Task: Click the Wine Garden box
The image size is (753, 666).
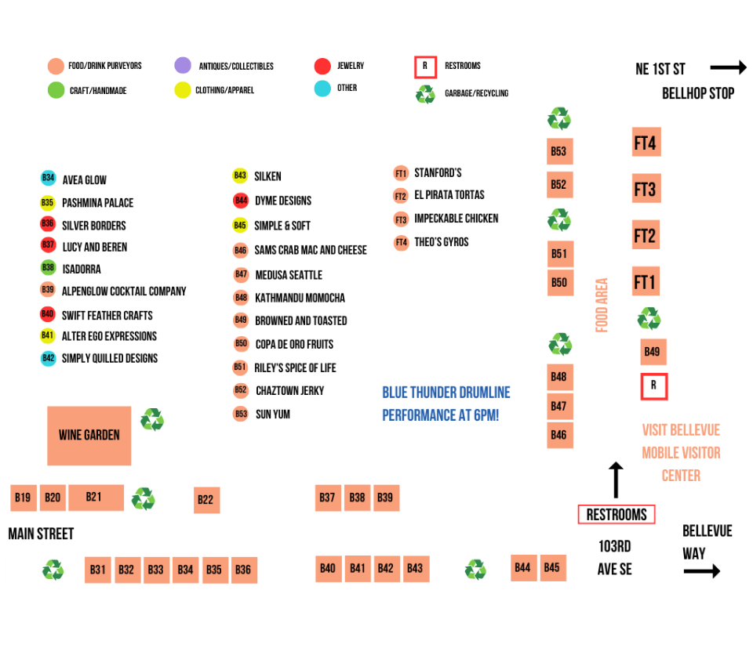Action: pos(89,435)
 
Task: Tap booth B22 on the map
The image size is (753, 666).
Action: pos(206,500)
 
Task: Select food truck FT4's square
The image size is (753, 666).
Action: pos(646,143)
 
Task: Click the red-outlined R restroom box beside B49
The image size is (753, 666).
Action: pos(653,386)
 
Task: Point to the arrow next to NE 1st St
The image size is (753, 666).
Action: pos(727,69)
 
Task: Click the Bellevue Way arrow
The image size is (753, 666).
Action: pos(701,572)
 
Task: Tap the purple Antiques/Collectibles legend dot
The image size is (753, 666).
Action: pos(183,66)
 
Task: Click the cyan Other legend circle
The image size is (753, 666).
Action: pos(322,88)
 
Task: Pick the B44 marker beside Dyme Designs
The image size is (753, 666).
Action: pos(241,201)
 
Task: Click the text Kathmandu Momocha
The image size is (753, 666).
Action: pos(300,298)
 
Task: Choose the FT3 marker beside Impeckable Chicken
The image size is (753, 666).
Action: pos(401,219)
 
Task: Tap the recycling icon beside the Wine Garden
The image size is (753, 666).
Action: pos(152,420)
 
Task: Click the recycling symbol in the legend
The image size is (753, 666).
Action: pos(425,94)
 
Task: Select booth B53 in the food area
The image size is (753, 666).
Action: pos(558,151)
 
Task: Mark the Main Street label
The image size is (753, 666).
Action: pos(41,534)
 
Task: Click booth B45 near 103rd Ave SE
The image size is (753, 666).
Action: pos(551,568)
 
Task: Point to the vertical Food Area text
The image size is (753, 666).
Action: pos(602,306)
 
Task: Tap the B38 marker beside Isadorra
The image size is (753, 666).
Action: pos(49,268)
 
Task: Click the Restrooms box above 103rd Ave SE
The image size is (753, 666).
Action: pos(617,515)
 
